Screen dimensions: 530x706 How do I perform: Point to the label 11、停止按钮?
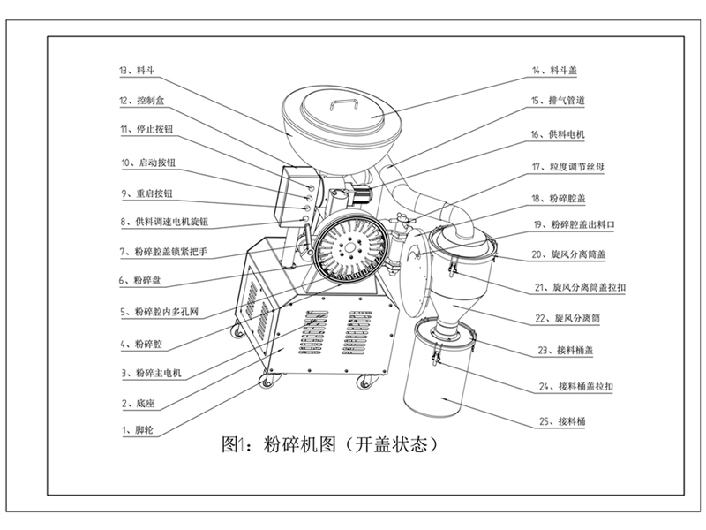tap(146, 129)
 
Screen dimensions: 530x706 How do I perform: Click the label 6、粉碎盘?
tap(141, 282)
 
